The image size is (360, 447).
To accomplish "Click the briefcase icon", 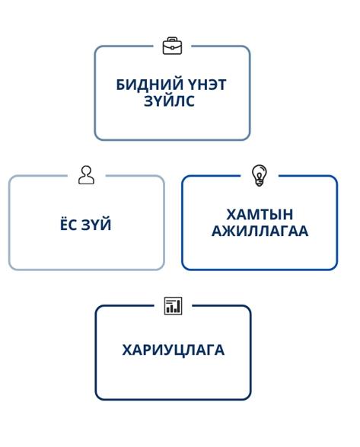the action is (172, 46).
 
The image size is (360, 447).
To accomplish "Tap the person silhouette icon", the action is (86, 175).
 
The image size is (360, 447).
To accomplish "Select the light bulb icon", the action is (259, 175).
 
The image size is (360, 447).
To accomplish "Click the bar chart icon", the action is (173, 306).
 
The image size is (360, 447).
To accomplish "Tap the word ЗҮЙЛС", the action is (169, 101).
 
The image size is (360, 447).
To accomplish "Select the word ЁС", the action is (68, 224).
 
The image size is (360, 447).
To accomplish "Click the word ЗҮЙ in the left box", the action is (97, 224).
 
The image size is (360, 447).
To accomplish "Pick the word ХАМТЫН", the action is (260, 215).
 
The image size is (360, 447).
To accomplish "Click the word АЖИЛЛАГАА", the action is (260, 231).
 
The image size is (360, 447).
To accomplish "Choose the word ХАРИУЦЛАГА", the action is (173, 350).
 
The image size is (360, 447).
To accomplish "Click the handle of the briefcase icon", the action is (172, 39).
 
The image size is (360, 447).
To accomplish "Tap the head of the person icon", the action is (86, 171).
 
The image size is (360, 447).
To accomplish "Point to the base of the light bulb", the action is (259, 183).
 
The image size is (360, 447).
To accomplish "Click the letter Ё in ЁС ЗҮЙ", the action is (64, 224).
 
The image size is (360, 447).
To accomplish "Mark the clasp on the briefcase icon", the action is (172, 48).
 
